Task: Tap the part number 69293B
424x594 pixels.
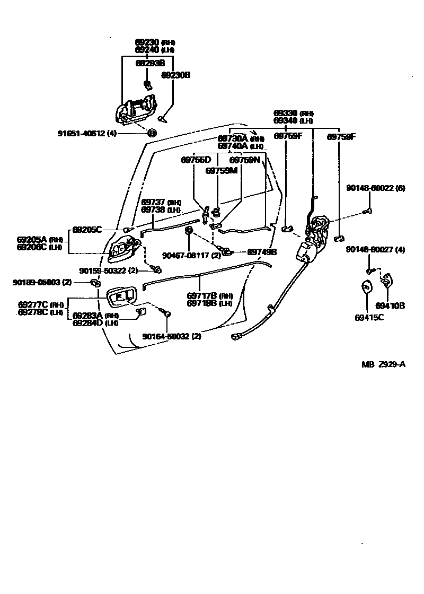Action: pyautogui.click(x=150, y=63)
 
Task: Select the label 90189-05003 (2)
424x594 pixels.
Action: pyautogui.click(x=42, y=283)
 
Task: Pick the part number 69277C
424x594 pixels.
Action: pyautogui.click(x=33, y=304)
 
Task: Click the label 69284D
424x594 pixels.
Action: pyautogui.click(x=87, y=322)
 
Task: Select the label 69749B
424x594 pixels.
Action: pyautogui.click(x=262, y=252)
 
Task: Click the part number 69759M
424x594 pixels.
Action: pyautogui.click(x=221, y=171)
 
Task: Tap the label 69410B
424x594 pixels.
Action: pyautogui.click(x=390, y=305)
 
